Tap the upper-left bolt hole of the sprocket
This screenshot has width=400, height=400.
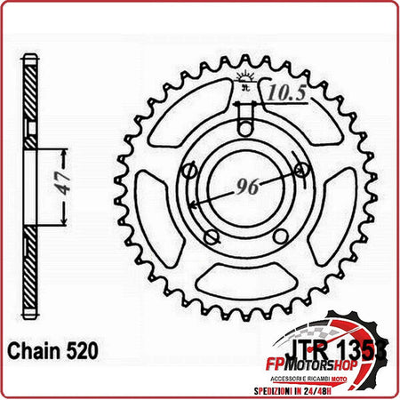tap(189, 171)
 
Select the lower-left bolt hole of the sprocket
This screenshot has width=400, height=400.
tap(211, 236)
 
